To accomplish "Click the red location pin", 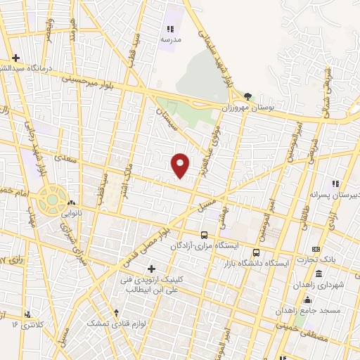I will [x=181, y=165].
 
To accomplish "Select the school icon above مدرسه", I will [x=169, y=29].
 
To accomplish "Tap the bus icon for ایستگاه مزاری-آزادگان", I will [x=204, y=236].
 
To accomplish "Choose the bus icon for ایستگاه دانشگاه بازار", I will [x=257, y=251].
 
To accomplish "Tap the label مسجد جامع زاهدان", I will [x=328, y=309].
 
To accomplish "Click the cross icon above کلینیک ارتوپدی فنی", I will [x=151, y=269].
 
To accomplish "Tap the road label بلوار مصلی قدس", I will [x=148, y=243].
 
